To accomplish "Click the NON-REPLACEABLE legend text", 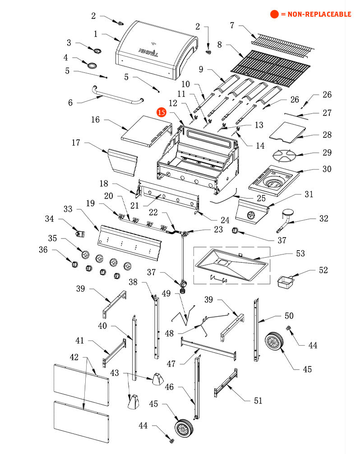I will click(315, 14).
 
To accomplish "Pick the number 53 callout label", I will click(300, 253).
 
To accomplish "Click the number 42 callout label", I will click(74, 357).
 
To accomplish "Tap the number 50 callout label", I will click(289, 316).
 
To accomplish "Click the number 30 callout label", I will click(327, 169).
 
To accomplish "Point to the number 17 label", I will click(76, 143).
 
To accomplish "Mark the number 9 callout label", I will click(201, 69).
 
